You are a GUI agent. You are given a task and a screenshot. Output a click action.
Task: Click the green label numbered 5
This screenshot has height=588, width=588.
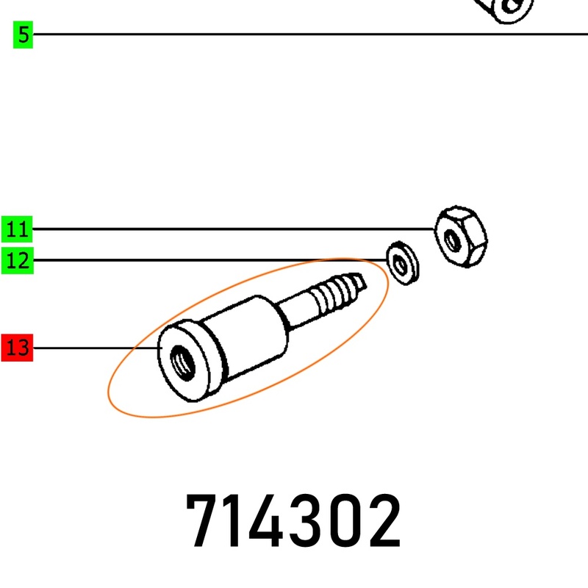[23, 35]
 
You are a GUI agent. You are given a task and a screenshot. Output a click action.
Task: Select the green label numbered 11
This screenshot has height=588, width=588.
[17, 229]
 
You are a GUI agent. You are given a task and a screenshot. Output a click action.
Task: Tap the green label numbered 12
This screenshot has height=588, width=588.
[17, 260]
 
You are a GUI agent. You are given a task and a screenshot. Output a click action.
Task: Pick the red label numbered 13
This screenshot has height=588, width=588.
[17, 348]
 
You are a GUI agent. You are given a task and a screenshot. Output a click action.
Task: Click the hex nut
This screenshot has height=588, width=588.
[461, 236]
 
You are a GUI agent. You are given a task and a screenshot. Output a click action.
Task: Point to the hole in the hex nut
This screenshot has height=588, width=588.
[452, 240]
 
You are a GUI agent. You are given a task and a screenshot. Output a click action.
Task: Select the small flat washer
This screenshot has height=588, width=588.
[403, 263]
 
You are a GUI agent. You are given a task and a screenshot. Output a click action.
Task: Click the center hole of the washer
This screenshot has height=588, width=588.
[401, 266]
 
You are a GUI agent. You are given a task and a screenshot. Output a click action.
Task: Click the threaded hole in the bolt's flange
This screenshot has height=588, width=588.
[182, 362]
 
